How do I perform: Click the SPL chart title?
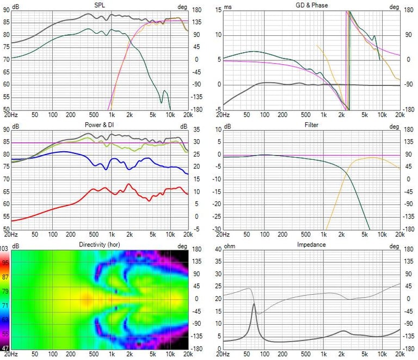click(x=100, y=5)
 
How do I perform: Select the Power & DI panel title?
click(x=100, y=125)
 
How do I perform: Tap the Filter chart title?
click(x=311, y=125)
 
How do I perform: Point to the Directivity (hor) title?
click(x=100, y=245)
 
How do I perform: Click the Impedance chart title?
click(x=311, y=245)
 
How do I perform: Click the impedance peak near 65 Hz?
click(x=254, y=305)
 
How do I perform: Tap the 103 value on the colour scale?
click(x=5, y=249)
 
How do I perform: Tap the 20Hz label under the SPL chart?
click(x=11, y=115)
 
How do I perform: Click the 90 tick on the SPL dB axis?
click(x=6, y=10)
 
